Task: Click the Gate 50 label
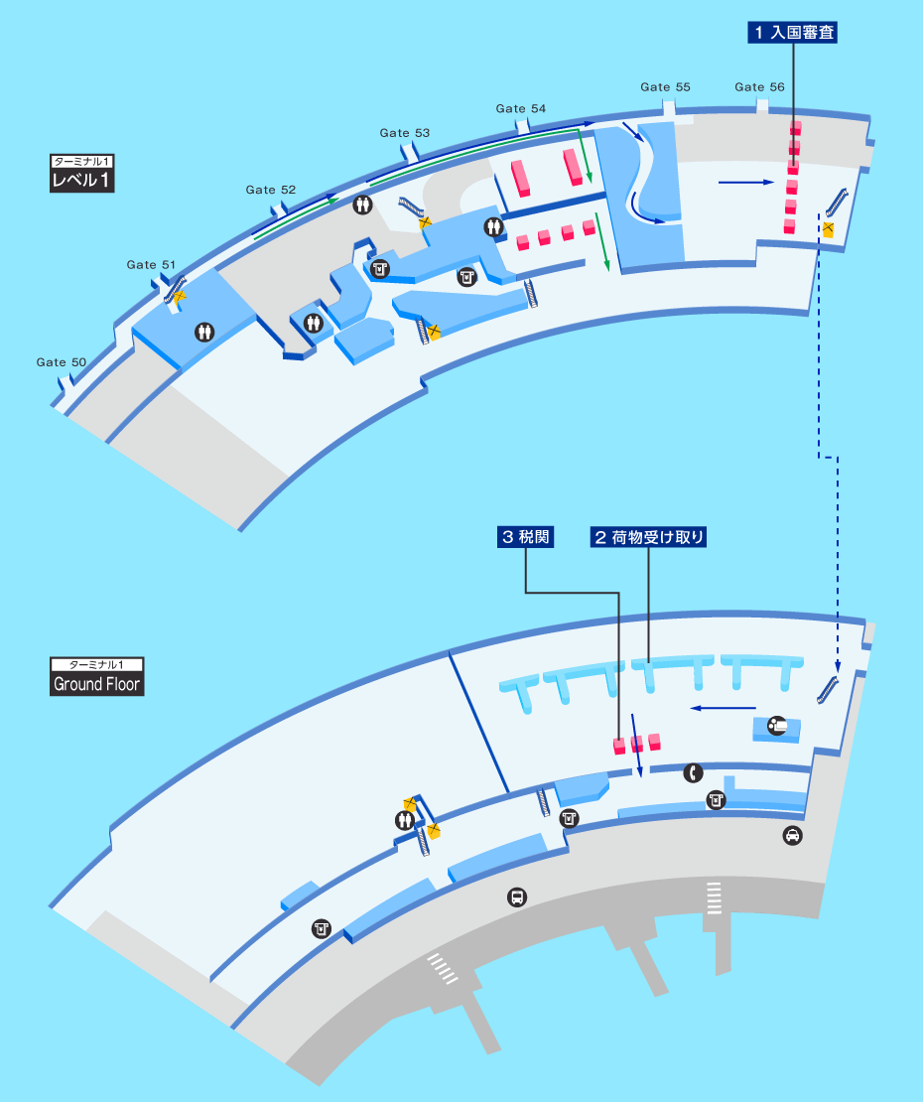tap(62, 362)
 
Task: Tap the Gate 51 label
tap(151, 265)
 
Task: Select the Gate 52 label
tap(270, 190)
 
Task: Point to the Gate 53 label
tap(405, 133)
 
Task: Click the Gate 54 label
tap(520, 108)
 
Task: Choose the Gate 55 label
tap(665, 87)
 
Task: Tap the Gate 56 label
tap(759, 87)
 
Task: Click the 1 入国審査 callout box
tap(793, 33)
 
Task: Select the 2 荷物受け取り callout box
tap(648, 538)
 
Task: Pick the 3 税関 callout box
tap(525, 538)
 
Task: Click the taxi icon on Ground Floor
tap(792, 836)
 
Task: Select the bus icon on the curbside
tap(517, 896)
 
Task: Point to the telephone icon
tap(694, 773)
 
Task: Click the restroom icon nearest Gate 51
tap(204, 332)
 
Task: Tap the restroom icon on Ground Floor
tap(405, 820)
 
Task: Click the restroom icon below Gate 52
tap(362, 205)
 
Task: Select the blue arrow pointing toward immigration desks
tap(746, 182)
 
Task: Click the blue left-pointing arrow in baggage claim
tap(723, 708)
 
